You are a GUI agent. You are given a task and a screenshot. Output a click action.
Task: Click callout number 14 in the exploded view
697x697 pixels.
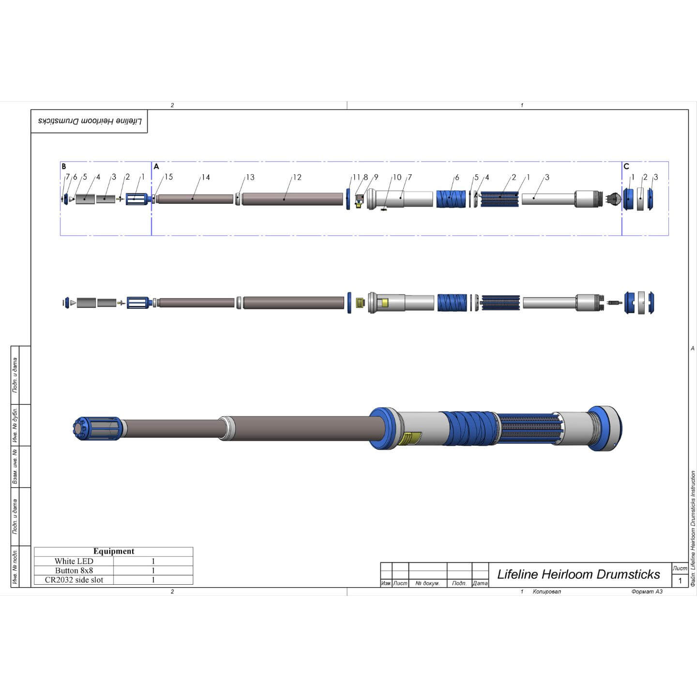[206, 177]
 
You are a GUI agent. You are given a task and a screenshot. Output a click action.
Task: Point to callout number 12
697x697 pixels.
[297, 177]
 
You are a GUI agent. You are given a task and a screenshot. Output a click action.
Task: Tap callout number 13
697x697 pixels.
[250, 177]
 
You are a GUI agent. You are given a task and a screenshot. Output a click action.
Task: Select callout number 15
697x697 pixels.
[168, 177]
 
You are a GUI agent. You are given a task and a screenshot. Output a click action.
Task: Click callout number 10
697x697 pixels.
[397, 177]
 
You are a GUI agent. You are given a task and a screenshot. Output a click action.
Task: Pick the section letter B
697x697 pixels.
[64, 167]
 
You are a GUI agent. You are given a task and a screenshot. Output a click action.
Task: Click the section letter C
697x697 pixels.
[626, 167]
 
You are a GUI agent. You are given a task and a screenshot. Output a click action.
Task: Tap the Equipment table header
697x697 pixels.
[114, 551]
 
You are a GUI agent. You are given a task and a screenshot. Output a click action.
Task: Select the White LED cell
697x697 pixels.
[74, 561]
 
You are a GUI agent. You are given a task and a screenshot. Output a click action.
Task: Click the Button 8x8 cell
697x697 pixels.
[74, 571]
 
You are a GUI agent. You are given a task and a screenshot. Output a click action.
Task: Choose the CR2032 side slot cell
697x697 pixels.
[74, 580]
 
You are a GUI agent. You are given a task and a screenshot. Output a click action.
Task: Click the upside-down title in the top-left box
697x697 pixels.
[90, 121]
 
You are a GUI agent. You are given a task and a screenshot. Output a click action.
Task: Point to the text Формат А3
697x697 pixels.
[647, 591]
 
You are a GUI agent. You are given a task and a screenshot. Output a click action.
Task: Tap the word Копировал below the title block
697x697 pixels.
[546, 591]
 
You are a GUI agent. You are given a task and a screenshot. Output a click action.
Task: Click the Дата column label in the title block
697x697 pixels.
[480, 583]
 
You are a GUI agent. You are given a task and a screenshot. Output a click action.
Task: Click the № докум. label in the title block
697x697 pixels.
[427, 583]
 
